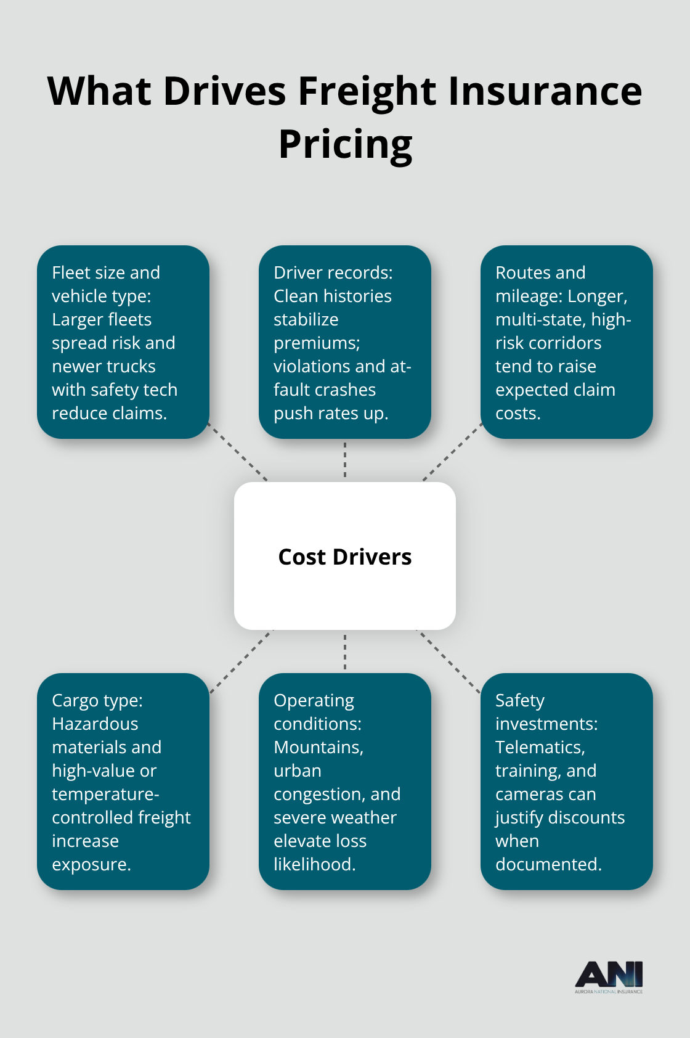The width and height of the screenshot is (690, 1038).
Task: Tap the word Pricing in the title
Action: click(x=345, y=145)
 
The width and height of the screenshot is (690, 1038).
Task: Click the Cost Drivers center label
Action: click(x=345, y=557)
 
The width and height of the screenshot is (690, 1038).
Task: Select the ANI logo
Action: click(x=609, y=976)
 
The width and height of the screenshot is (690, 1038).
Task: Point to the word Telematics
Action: click(x=539, y=747)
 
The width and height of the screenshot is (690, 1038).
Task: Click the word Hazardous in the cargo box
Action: click(x=95, y=724)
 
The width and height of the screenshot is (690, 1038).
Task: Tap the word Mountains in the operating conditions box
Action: click(x=318, y=747)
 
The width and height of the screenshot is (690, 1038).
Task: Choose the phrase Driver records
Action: click(x=333, y=272)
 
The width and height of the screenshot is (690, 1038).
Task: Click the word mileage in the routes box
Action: click(x=528, y=296)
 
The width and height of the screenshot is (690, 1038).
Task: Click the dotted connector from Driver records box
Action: click(x=345, y=460)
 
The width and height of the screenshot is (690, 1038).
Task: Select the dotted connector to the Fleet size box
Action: click(x=238, y=452)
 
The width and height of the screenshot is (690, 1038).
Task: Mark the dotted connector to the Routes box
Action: click(x=452, y=452)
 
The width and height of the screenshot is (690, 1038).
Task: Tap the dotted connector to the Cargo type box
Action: click(x=240, y=661)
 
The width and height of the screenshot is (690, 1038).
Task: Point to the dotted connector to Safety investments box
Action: click(x=449, y=661)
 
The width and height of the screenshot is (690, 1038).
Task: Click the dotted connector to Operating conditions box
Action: click(x=345, y=652)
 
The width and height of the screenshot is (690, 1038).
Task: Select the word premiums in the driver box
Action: click(x=317, y=343)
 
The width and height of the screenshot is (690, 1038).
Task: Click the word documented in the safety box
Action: click(x=547, y=864)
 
